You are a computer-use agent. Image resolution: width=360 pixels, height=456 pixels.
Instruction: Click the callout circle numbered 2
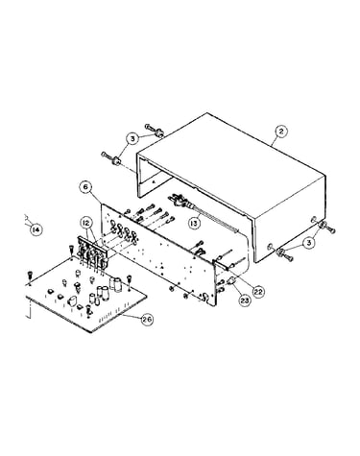click(x=281, y=132)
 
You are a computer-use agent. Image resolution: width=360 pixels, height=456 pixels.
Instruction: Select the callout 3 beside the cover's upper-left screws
click(x=133, y=139)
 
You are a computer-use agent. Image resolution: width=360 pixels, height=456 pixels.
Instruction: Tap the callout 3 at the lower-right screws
click(x=309, y=243)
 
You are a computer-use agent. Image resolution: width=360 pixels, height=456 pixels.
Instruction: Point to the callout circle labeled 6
click(x=85, y=187)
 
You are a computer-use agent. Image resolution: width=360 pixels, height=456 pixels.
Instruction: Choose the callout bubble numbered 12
click(x=86, y=223)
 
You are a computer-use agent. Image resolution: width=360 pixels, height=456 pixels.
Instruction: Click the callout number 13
click(x=194, y=223)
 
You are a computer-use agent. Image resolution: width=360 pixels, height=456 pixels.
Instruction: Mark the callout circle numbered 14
click(x=36, y=229)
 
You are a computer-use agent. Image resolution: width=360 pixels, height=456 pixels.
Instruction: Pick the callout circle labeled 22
click(x=258, y=291)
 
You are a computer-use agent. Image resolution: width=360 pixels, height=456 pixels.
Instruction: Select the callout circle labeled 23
click(x=245, y=300)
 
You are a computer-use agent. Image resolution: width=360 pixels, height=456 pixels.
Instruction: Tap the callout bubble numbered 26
click(x=147, y=320)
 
